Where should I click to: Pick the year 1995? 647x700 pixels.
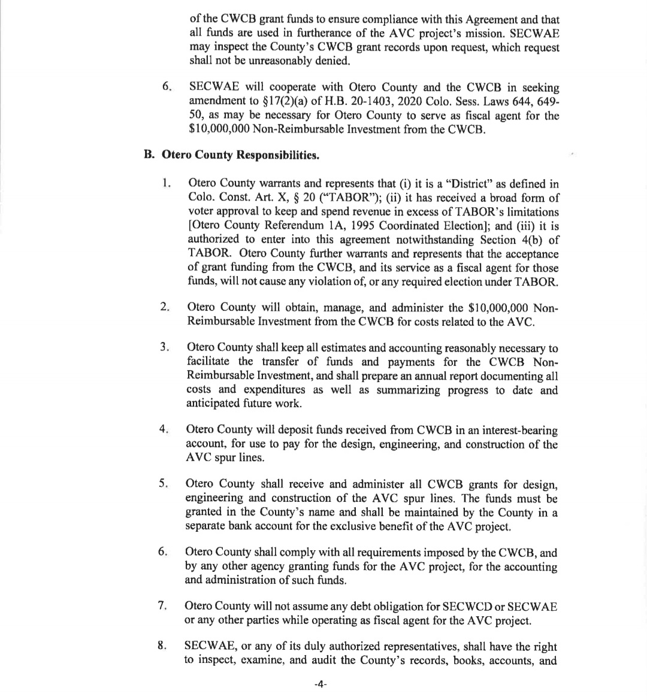tap(365, 226)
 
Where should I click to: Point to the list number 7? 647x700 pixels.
tap(162, 605)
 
